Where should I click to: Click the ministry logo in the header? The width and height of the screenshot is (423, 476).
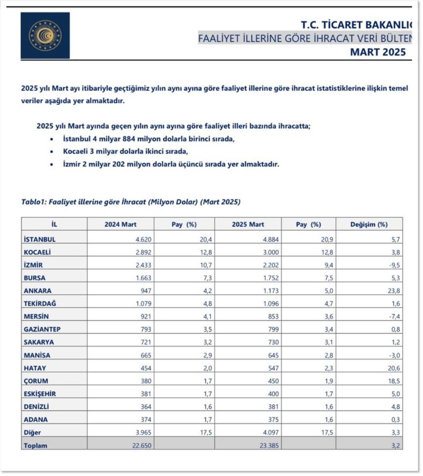pyautogui.click(x=45, y=35)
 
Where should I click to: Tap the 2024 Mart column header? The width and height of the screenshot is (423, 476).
pyautogui.click(x=120, y=225)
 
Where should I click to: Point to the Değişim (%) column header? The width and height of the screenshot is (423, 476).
pyautogui.click(x=369, y=225)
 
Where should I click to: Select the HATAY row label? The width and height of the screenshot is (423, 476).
pyautogui.click(x=35, y=368)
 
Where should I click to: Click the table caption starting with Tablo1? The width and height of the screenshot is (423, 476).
pyautogui.click(x=130, y=202)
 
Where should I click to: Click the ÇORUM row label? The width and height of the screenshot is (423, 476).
pyautogui.click(x=37, y=381)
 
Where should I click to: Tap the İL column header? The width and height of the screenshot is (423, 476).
pyautogui.click(x=54, y=225)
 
